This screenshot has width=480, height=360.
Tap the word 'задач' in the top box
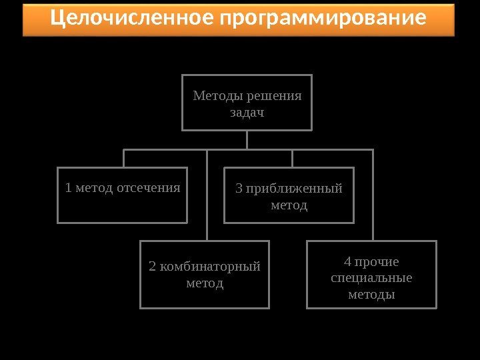coord(247,112)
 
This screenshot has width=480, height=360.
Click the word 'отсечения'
coord(149,187)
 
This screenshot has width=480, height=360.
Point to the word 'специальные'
coord(371,277)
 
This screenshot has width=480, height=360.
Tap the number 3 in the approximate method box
coord(240,188)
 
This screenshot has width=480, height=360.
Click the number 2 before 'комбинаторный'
coord(153,267)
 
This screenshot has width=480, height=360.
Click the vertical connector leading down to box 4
coord(373,197)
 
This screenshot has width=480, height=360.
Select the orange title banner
coord(238,19)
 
